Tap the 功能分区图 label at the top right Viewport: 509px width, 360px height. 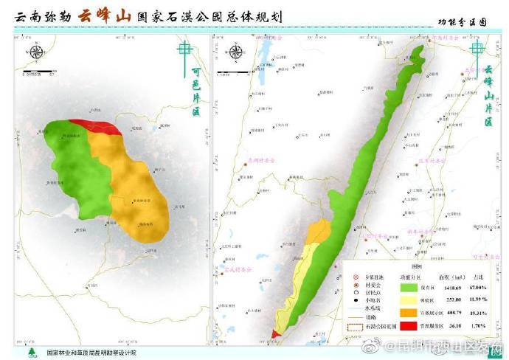point(463,23)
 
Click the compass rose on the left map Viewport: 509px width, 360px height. point(35,52)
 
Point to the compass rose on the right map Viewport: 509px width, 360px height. point(236,52)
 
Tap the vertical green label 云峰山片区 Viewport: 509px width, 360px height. point(488,96)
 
